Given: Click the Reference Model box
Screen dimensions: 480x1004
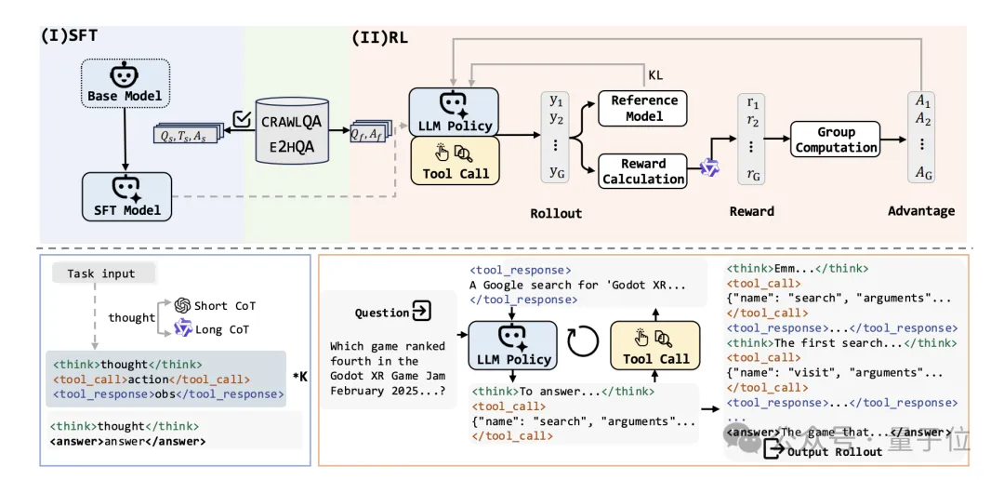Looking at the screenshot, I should pos(643,108).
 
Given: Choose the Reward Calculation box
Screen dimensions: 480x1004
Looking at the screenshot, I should pos(643,171).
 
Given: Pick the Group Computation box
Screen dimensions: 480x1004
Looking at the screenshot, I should pos(835,140).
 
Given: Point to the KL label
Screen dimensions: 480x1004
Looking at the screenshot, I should pos(655,74).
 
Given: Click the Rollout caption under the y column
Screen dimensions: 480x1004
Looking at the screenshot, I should pos(556,213).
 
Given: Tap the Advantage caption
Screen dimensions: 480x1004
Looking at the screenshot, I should pos(920,211).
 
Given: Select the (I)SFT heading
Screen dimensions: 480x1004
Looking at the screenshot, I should pos(69,37).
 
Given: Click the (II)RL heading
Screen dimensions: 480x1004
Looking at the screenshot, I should pos(378,37).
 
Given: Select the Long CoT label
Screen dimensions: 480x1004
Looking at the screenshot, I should pos(220,328).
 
